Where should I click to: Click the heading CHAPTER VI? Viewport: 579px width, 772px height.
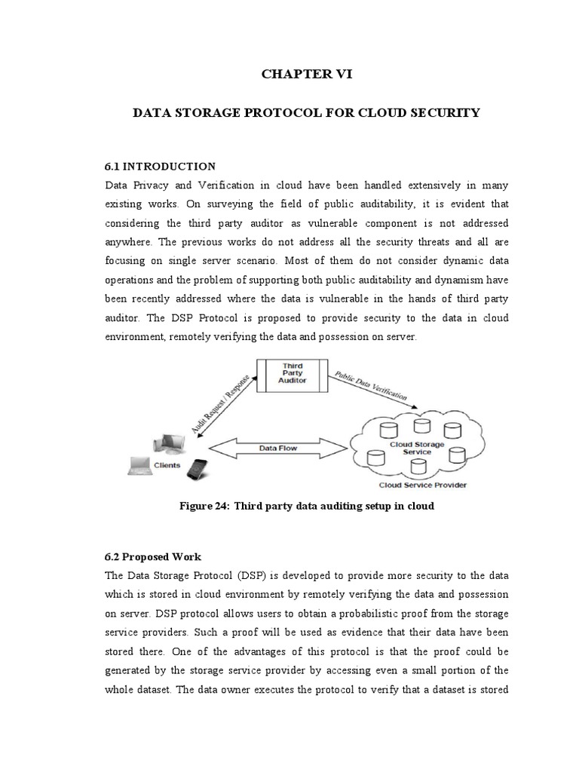(x=306, y=74)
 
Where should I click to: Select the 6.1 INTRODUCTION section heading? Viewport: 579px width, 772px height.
(x=159, y=167)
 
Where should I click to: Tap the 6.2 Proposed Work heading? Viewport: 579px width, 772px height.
(x=152, y=556)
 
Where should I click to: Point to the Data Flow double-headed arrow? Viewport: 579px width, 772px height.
(x=277, y=448)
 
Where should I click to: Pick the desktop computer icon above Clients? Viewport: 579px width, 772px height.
(x=167, y=445)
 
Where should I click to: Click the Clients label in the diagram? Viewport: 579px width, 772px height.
(x=167, y=465)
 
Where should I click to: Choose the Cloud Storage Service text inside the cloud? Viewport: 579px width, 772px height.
(x=416, y=449)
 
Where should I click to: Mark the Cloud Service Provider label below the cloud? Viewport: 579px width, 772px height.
(x=422, y=485)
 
